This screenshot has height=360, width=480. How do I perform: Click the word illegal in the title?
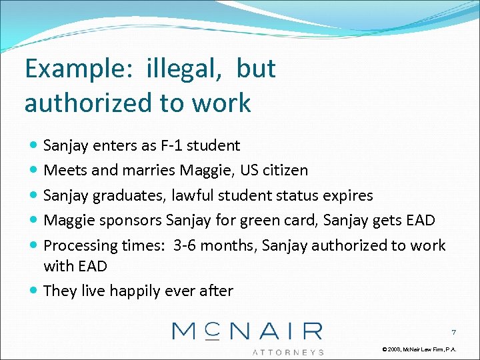coord(182,69)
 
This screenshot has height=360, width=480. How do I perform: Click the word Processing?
coord(80,245)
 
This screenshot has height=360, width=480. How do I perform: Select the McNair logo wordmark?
coord(247,331)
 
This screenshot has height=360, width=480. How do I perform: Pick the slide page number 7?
coord(453,332)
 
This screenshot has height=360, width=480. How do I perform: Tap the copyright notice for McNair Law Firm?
coord(419,349)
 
